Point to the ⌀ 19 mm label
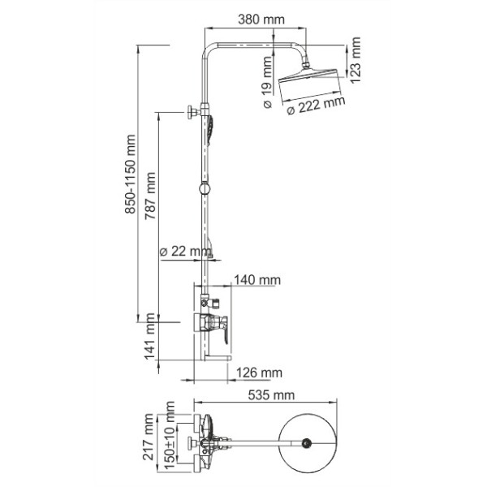click(x=267, y=84)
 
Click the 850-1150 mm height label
click(x=130, y=184)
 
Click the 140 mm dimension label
click(x=256, y=280)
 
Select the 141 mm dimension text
click(x=149, y=342)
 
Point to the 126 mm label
click(x=259, y=373)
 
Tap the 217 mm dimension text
click(x=149, y=439)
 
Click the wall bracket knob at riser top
click(x=192, y=111)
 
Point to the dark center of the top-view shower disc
click(x=307, y=443)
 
